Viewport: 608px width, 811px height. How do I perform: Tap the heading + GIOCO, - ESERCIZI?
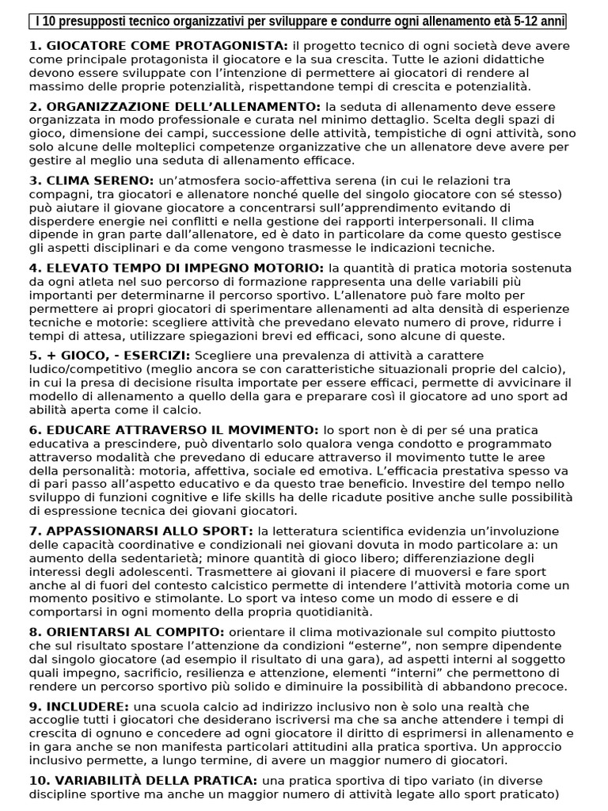109,356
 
